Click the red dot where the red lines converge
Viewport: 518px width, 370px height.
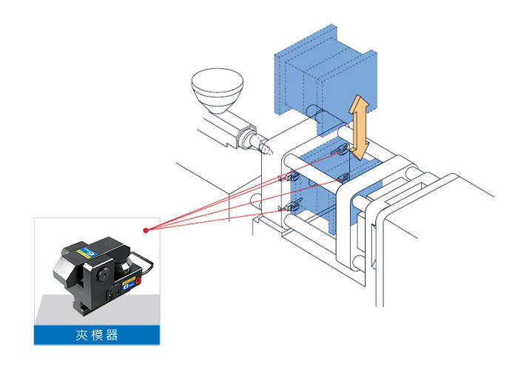pyautogui.click(x=146, y=230)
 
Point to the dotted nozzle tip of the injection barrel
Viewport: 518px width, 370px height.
pyautogui.click(x=267, y=148)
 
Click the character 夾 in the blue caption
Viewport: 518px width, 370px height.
pyautogui.click(x=81, y=335)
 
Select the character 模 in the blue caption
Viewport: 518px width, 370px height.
pyautogui.click(x=97, y=335)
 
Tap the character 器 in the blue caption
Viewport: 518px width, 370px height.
pyautogui.click(x=112, y=335)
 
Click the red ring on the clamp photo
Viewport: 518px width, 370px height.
pyautogui.click(x=138, y=280)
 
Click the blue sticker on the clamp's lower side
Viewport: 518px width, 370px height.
pyautogui.click(x=128, y=284)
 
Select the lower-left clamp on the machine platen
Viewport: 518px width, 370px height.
pyautogui.click(x=290, y=207)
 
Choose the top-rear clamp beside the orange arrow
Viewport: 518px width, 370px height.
pyautogui.click(x=340, y=150)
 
